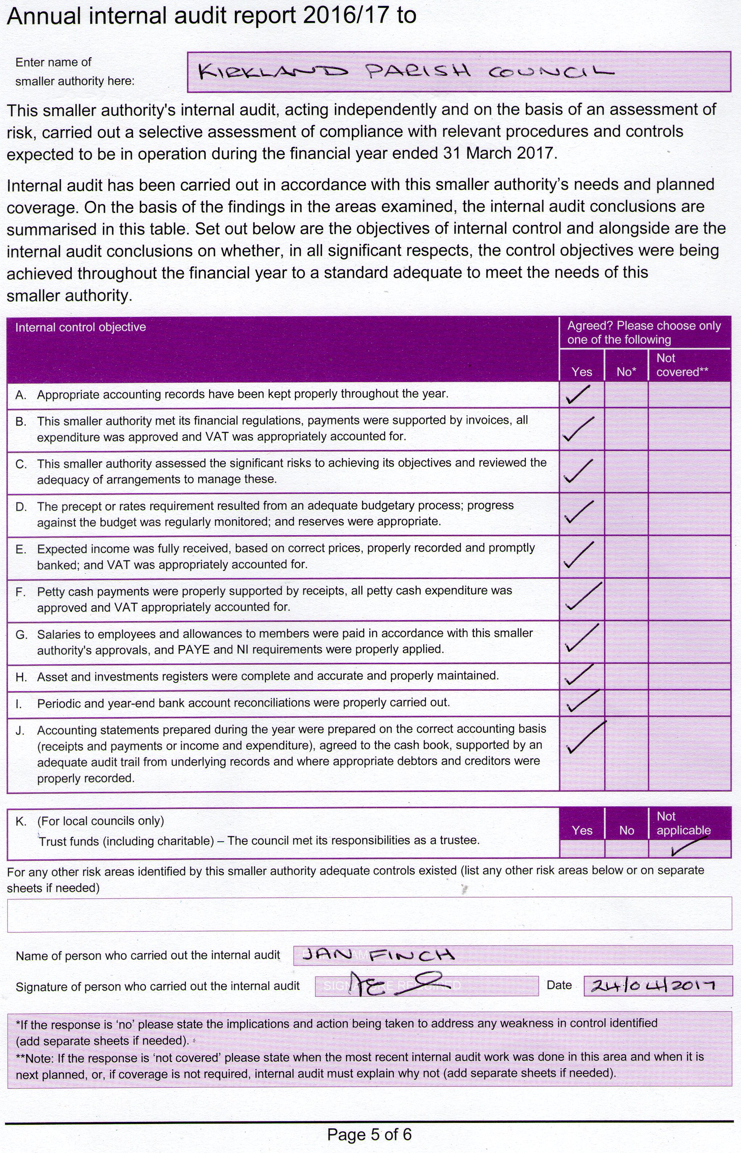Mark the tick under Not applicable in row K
pyautogui.click(x=688, y=846)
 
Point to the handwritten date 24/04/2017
pyautogui.click(x=653, y=985)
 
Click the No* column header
pyautogui.click(x=626, y=372)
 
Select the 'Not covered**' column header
pyautogui.click(x=682, y=365)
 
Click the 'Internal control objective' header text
pyautogui.click(x=80, y=327)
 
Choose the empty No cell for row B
pyautogui.click(x=626, y=429)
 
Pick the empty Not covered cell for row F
pyautogui.click(x=689, y=599)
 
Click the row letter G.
pyautogui.click(x=21, y=635)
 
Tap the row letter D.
pyautogui.click(x=21, y=507)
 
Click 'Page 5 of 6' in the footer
pyautogui.click(x=369, y=1134)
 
